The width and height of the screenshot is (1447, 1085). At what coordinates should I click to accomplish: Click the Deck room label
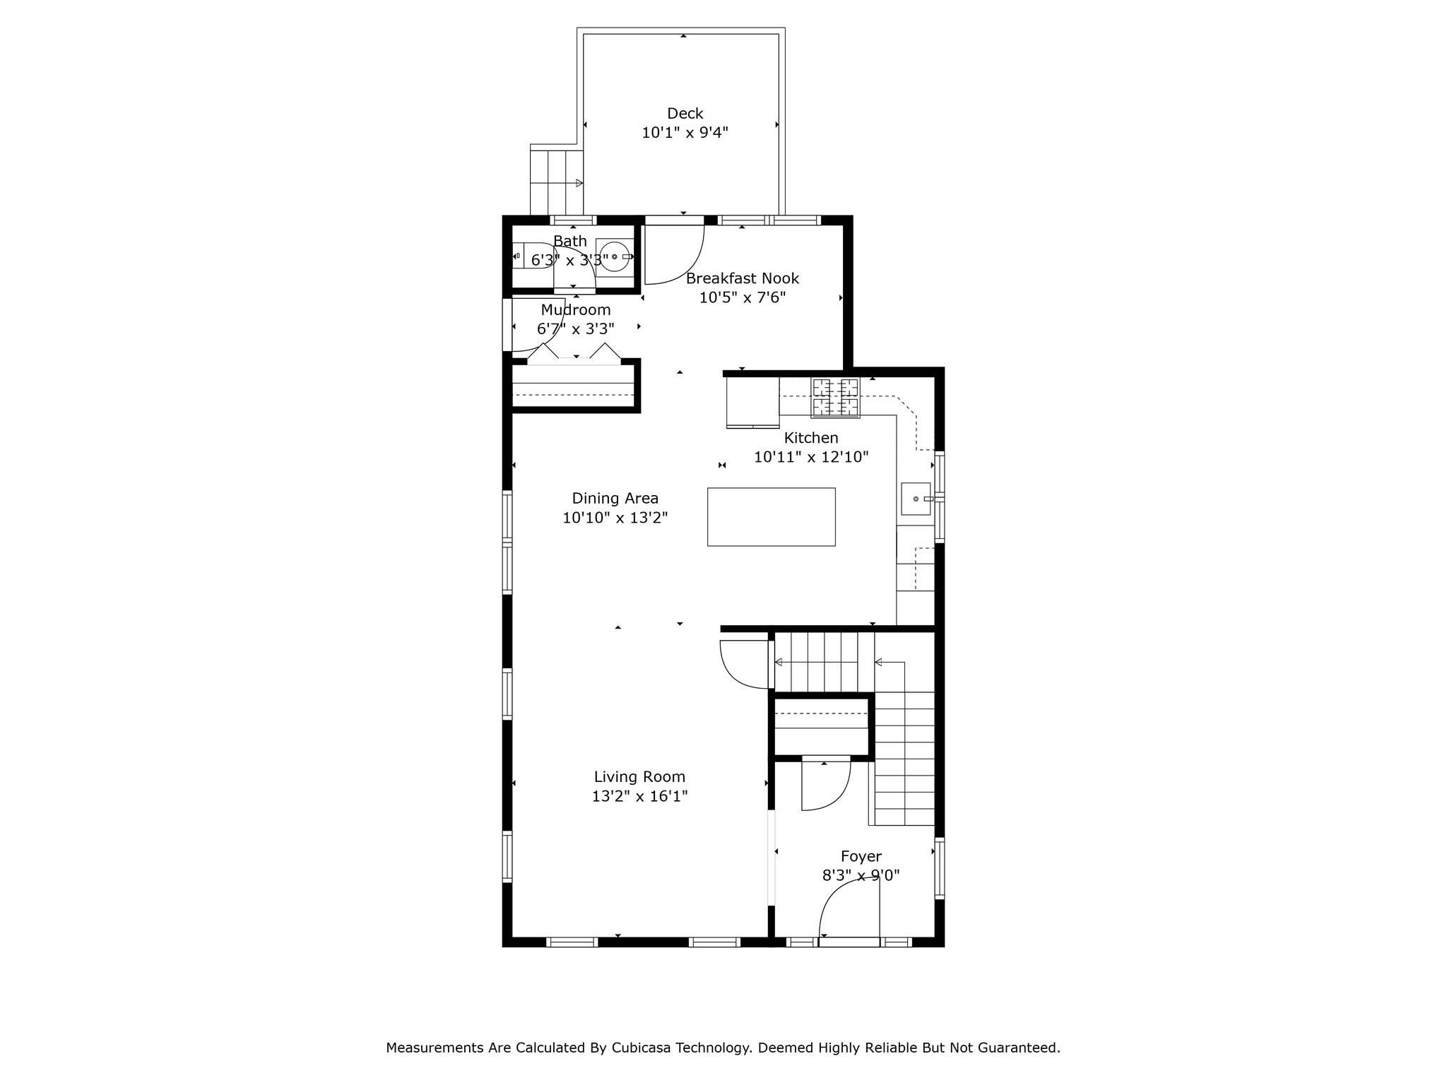click(685, 113)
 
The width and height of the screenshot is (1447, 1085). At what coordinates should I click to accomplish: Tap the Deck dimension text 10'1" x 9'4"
click(685, 132)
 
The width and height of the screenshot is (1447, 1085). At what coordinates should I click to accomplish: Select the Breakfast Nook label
click(743, 278)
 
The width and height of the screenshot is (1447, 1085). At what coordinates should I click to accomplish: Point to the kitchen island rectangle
click(771, 516)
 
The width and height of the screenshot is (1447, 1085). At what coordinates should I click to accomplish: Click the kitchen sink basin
click(916, 499)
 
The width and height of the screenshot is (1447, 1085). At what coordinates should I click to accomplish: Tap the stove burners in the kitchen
click(836, 398)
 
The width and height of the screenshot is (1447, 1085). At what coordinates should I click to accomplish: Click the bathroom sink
click(614, 256)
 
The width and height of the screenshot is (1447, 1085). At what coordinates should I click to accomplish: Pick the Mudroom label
click(576, 309)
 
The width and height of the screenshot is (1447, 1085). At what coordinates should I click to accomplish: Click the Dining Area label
click(615, 498)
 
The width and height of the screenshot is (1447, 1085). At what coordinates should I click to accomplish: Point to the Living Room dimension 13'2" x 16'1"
click(640, 796)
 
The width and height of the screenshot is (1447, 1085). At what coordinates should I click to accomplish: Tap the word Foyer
click(861, 856)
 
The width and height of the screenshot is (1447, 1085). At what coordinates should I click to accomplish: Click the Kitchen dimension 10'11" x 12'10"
click(811, 457)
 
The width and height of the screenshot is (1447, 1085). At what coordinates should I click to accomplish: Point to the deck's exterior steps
click(557, 183)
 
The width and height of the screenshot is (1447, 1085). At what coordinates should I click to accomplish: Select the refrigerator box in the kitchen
click(752, 402)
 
